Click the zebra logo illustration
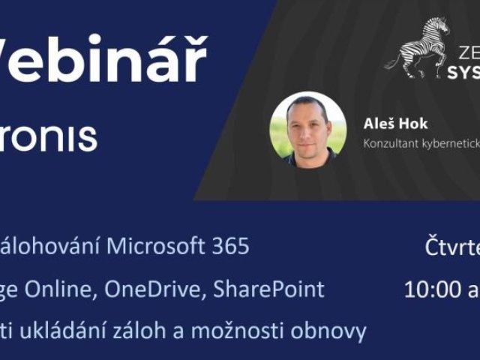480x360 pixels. click(417, 49)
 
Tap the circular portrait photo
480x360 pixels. click(307, 129)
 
